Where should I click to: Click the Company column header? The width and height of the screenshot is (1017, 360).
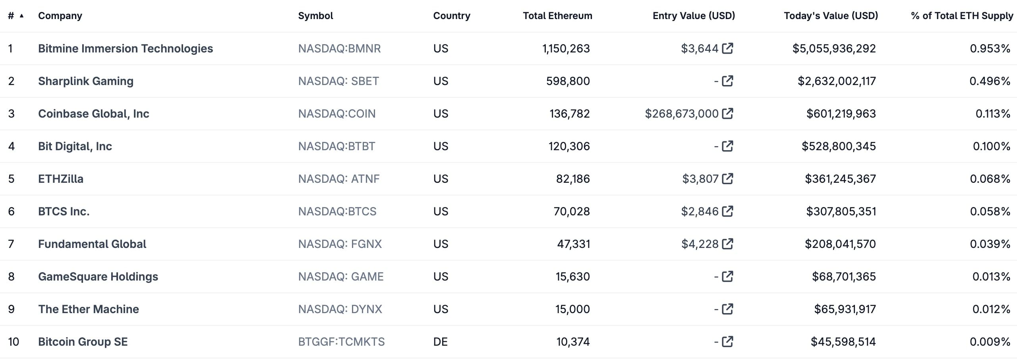click(x=60, y=16)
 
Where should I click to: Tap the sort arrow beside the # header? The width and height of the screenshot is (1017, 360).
click(x=22, y=16)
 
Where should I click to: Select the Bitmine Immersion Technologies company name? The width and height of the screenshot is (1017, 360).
click(x=126, y=48)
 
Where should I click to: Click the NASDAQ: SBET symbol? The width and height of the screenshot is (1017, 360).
click(x=338, y=81)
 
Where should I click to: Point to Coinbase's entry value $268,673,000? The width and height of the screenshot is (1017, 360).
click(x=681, y=114)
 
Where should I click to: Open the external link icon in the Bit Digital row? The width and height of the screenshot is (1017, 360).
click(x=727, y=146)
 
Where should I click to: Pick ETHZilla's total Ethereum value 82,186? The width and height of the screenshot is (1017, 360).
click(x=572, y=179)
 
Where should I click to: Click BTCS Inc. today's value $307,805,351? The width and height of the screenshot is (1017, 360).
click(x=841, y=211)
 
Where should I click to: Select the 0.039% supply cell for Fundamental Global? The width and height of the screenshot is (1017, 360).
click(x=990, y=244)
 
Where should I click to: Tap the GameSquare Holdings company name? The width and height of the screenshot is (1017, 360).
click(x=98, y=277)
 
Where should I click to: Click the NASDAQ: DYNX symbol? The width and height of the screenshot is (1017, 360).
click(x=340, y=309)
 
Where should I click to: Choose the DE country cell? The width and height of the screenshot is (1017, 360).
click(x=440, y=342)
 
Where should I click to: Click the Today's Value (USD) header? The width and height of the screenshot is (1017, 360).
click(x=831, y=16)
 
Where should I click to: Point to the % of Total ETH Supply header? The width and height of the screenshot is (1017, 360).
click(x=962, y=16)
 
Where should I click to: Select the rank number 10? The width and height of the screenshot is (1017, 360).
click(x=14, y=342)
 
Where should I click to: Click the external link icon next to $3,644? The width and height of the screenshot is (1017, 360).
click(x=727, y=48)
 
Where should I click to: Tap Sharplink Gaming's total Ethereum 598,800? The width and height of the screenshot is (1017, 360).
click(x=568, y=81)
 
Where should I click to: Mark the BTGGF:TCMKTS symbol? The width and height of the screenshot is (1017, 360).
click(x=341, y=342)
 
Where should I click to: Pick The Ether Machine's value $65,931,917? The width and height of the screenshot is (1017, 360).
click(x=845, y=309)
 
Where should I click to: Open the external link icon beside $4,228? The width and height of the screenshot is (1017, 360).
click(x=727, y=244)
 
